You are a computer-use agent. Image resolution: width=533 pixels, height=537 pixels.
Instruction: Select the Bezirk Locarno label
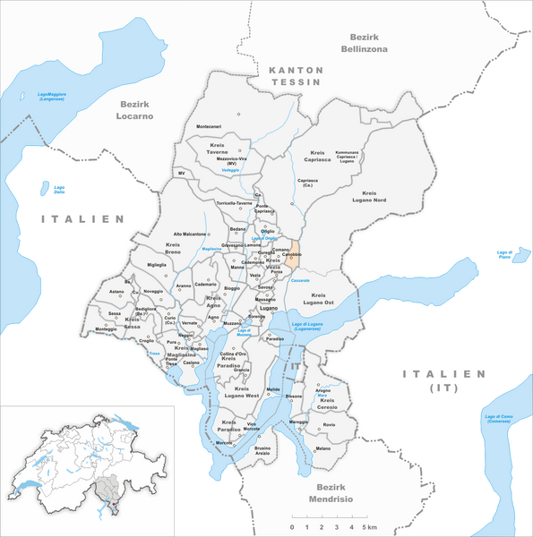(133, 110)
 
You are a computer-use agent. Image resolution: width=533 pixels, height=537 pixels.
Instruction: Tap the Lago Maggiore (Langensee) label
(32, 100)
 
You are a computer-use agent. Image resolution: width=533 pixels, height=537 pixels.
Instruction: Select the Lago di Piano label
(509, 255)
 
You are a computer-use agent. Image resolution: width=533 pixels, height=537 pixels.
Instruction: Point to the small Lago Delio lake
(44, 187)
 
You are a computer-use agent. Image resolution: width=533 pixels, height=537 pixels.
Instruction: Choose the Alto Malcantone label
(190, 234)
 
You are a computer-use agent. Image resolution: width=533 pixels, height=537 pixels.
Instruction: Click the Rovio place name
(329, 424)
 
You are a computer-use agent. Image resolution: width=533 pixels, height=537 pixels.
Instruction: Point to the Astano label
(117, 292)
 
